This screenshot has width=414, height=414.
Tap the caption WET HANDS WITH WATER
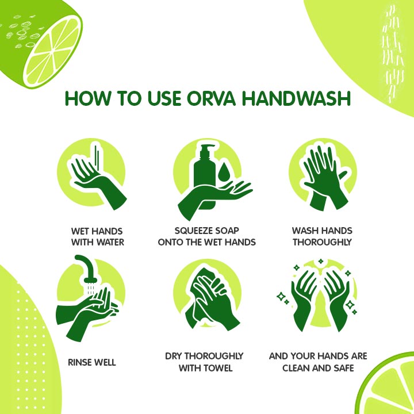98,236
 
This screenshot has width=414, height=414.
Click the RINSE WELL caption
92,362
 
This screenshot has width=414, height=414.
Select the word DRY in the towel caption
174,356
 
